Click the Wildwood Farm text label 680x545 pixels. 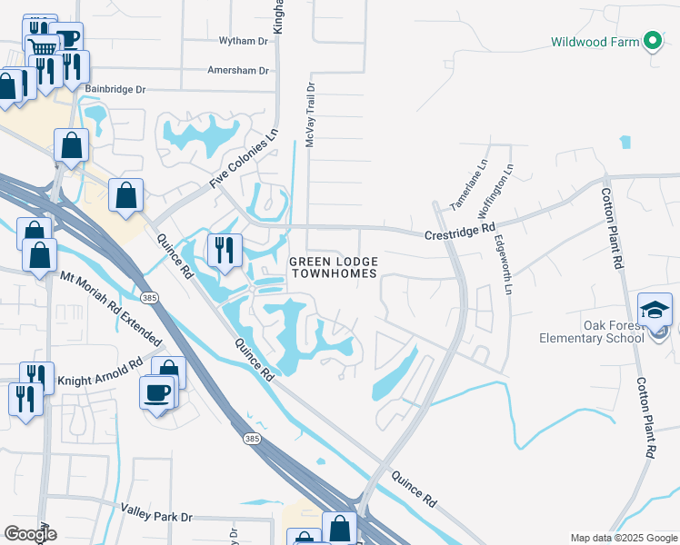tap(595, 42)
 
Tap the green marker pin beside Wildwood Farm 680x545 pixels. tap(652, 41)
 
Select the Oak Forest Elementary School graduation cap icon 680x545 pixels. tap(655, 310)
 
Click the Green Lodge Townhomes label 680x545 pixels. tap(333, 268)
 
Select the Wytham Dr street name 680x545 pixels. tap(244, 41)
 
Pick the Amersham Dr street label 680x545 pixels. tap(238, 70)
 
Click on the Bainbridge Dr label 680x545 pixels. tap(115, 90)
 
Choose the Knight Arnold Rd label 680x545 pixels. tap(100, 372)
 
